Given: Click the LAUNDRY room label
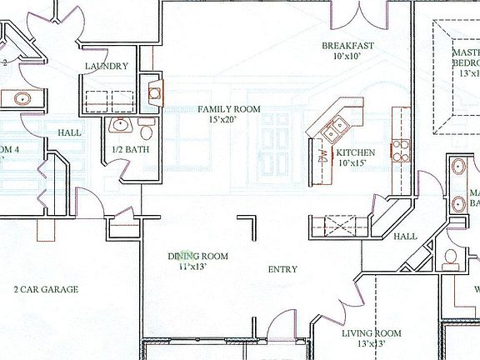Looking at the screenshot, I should pyautogui.click(x=107, y=66).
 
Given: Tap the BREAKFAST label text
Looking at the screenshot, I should pyautogui.click(x=348, y=46).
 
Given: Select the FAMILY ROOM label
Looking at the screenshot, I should pyautogui.click(x=228, y=108).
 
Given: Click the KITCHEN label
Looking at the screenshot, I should pyautogui.click(x=355, y=153).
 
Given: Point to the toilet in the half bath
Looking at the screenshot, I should pyautogui.click(x=146, y=131).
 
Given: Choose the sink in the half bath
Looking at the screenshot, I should pyautogui.click(x=121, y=125).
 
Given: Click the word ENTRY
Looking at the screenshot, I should pyautogui.click(x=282, y=269).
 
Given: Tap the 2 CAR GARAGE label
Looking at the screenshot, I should pyautogui.click(x=46, y=290).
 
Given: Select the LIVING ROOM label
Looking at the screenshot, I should pyautogui.click(x=372, y=333).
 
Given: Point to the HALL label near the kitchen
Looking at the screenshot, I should pyautogui.click(x=405, y=237).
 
